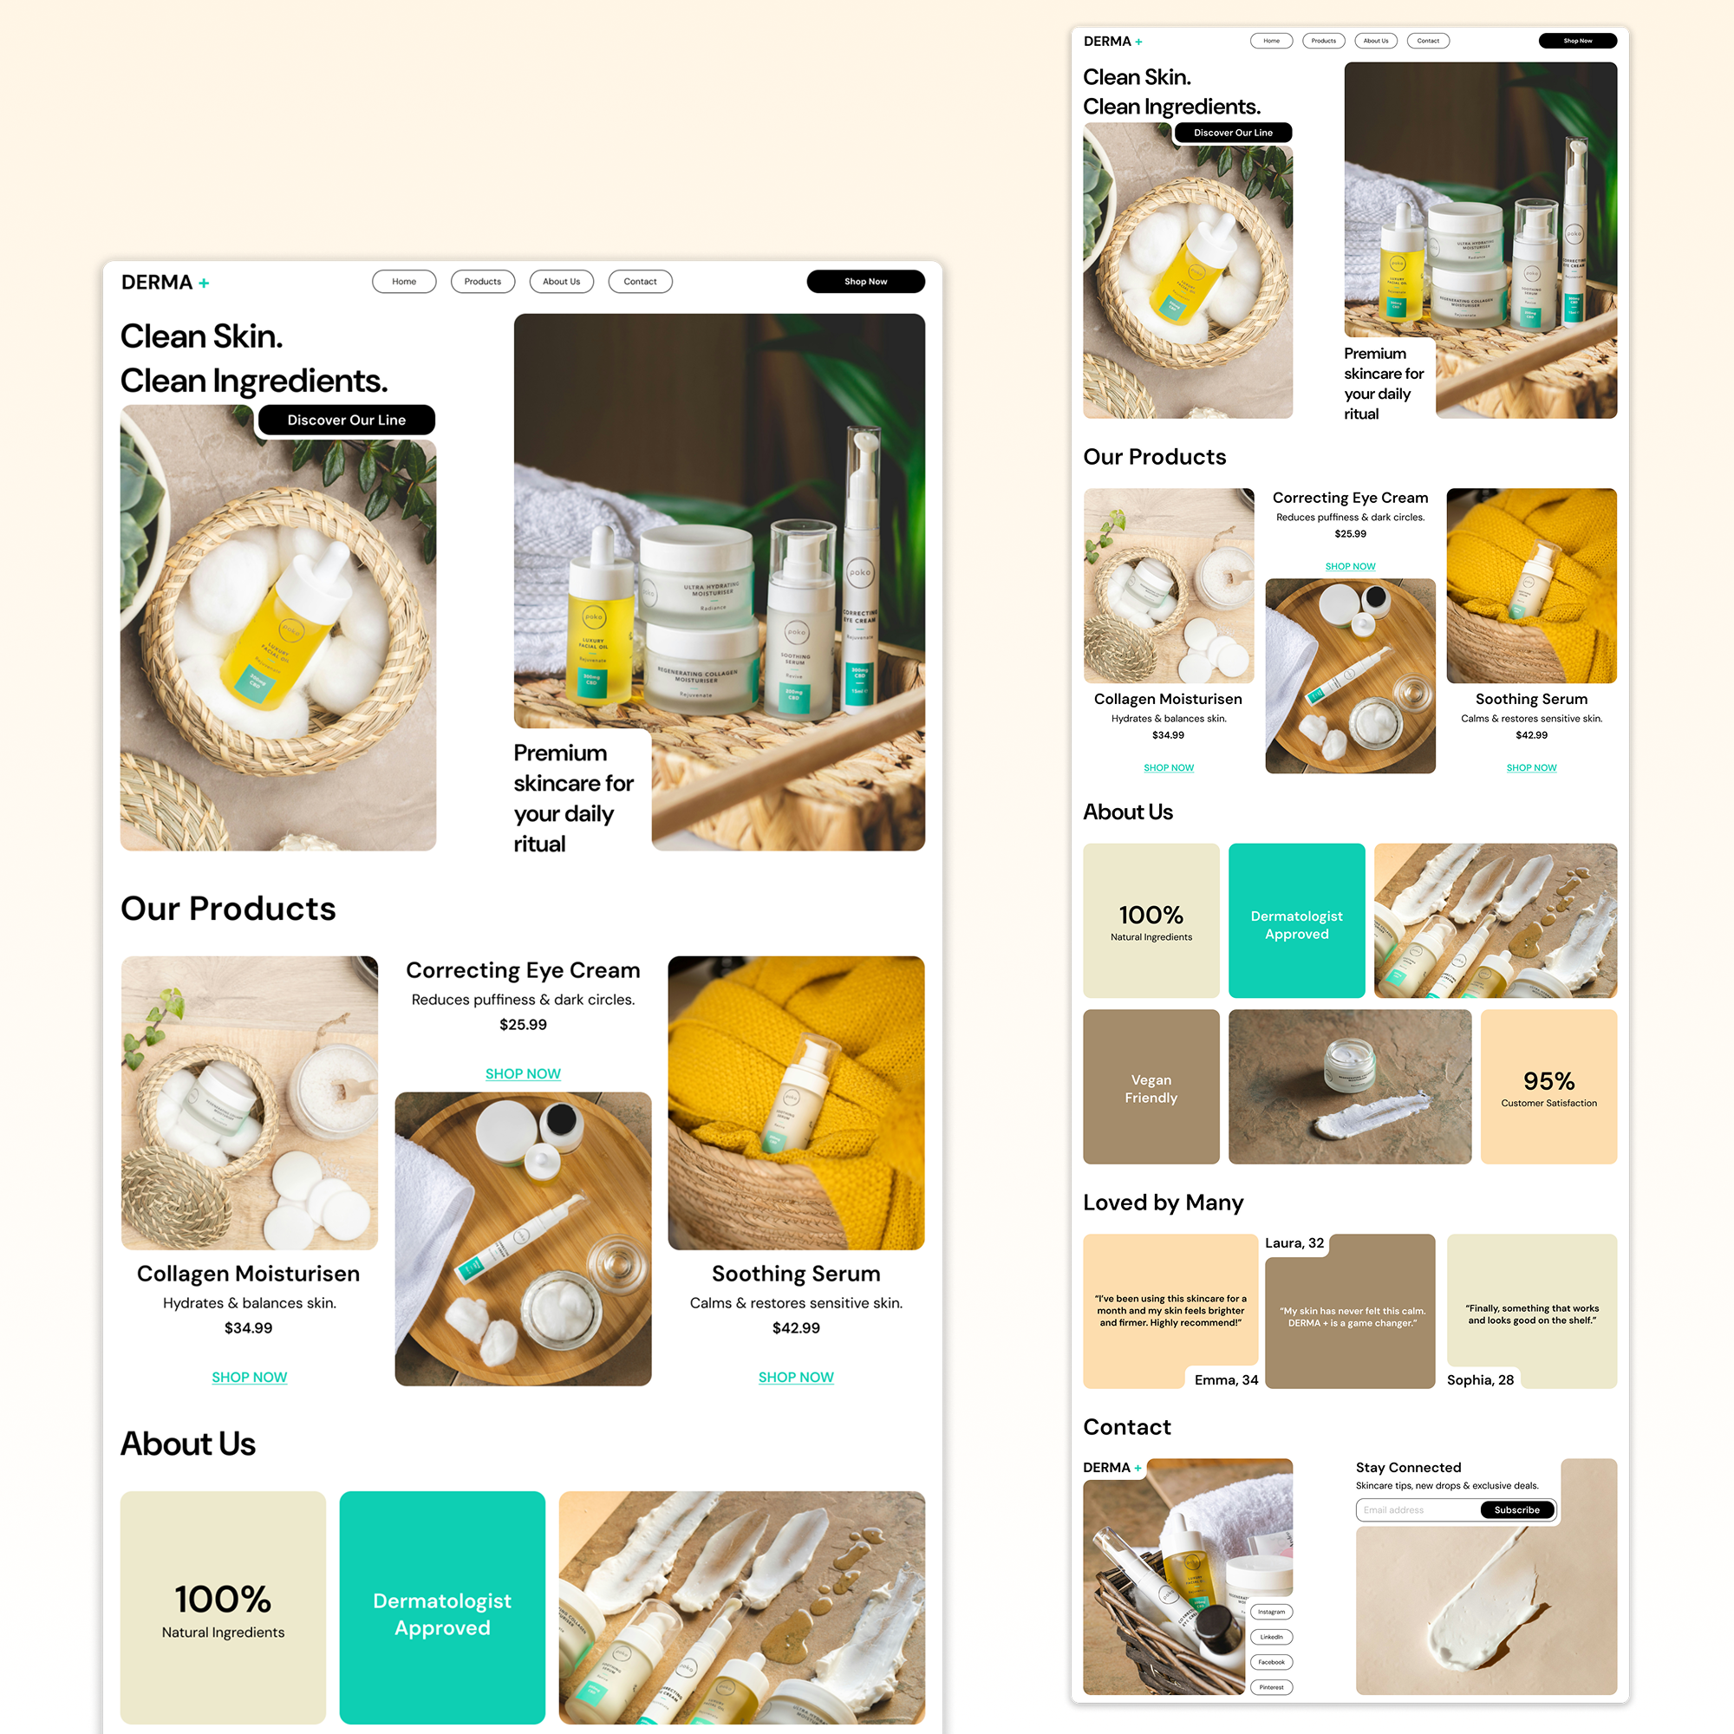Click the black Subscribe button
tap(1516, 1509)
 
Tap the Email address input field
tap(1416, 1509)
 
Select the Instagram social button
tap(1271, 1612)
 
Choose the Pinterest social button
tap(1271, 1687)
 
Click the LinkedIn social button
tap(1271, 1637)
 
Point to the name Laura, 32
tap(1294, 1243)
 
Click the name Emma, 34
tap(1226, 1379)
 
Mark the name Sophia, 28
tap(1480, 1379)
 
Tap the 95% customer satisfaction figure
tap(1548, 1081)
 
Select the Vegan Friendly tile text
tap(1151, 1089)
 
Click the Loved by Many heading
tap(1164, 1203)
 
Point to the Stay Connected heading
tap(1408, 1468)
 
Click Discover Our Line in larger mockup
tap(347, 420)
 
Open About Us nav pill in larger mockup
tap(561, 282)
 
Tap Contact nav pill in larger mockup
tap(640, 282)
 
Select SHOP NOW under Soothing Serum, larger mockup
tap(795, 1377)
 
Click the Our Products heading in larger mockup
tap(228, 909)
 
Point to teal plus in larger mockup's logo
tap(204, 283)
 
